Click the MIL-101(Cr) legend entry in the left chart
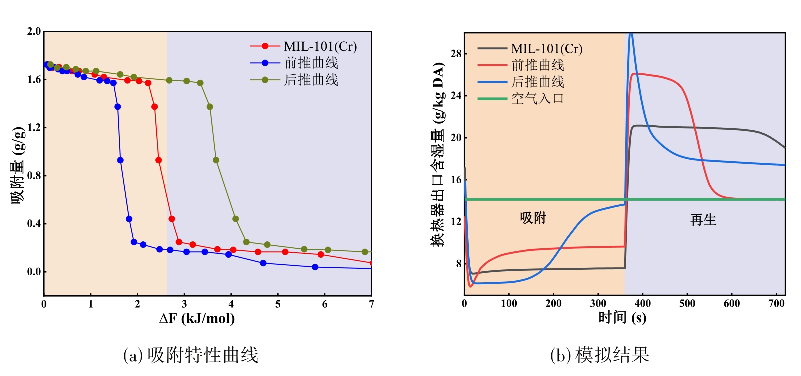tap(320, 46)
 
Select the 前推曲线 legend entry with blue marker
tap(311, 63)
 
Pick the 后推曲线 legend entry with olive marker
tap(311, 80)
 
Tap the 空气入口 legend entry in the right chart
tap(537, 98)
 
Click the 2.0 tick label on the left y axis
tap(34, 32)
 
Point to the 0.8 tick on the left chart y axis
tap(34, 176)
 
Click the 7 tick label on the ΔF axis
tap(371, 304)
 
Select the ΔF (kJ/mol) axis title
tap(197, 319)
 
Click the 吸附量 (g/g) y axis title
tap(18, 165)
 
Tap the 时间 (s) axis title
tap(622, 318)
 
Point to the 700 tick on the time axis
tap(776, 304)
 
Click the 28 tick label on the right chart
tap(456, 54)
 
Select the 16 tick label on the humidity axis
tap(456, 180)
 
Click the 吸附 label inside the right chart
tap(533, 218)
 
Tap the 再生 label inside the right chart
tap(703, 220)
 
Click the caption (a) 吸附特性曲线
tap(190, 355)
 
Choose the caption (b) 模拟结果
tap(599, 355)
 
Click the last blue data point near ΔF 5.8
tap(315, 267)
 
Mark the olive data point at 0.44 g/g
tap(235, 219)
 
